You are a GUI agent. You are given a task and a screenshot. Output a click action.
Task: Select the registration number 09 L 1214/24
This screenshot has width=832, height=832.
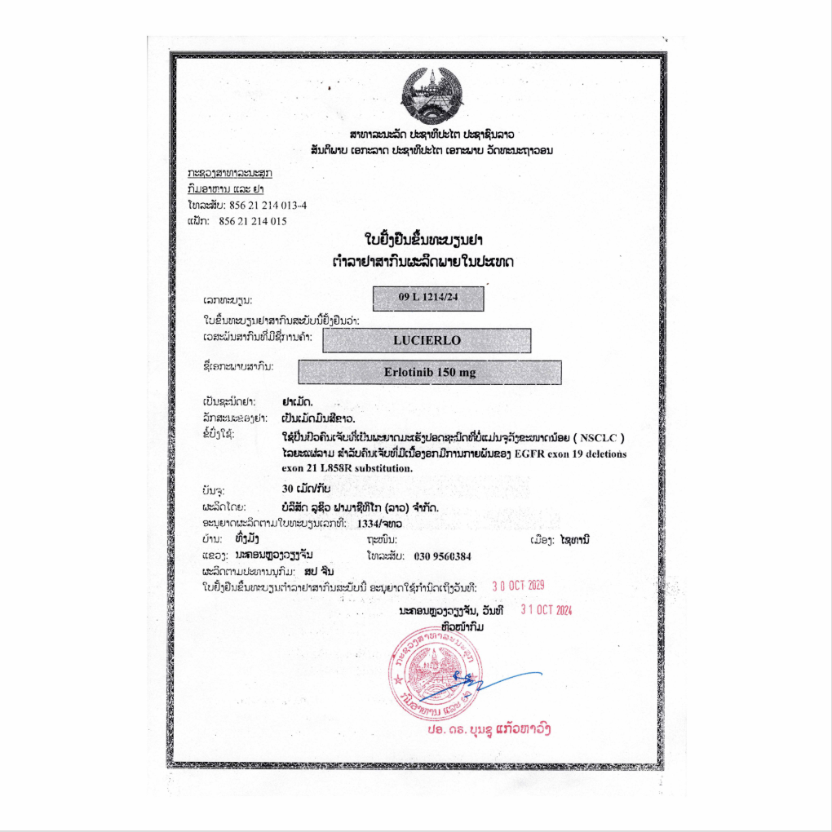pyautogui.click(x=428, y=299)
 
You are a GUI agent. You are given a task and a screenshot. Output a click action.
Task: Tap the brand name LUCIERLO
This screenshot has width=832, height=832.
pyautogui.click(x=427, y=340)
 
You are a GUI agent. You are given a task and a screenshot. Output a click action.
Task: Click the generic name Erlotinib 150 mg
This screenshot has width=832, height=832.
pyautogui.click(x=430, y=372)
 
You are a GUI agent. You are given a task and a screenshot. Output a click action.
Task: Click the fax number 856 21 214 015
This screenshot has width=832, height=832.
pyautogui.click(x=253, y=221)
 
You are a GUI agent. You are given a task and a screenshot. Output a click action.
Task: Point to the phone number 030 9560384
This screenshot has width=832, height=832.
pyautogui.click(x=442, y=556)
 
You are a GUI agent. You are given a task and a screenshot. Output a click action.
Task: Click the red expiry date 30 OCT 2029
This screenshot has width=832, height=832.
pyautogui.click(x=518, y=586)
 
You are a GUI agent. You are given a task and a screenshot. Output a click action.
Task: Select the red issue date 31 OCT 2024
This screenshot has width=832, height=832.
pyautogui.click(x=546, y=610)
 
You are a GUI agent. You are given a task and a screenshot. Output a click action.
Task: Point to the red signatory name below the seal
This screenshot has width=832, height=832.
pyautogui.click(x=489, y=728)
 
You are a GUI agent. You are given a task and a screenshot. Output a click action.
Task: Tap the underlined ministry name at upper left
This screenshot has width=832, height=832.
pyautogui.click(x=230, y=174)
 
